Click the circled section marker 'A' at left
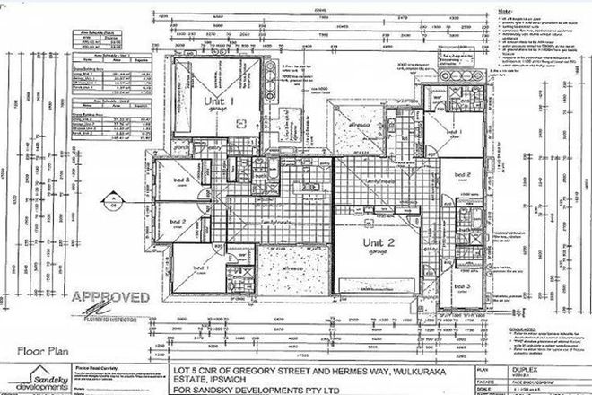tap(115, 199)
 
